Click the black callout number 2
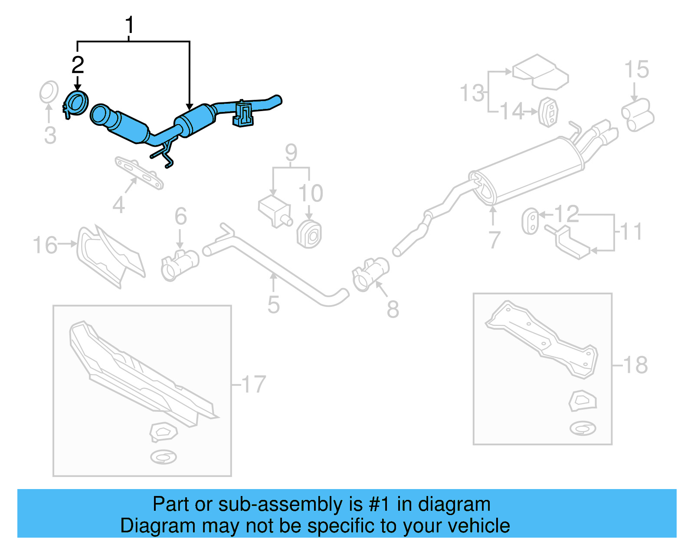coord(78,65)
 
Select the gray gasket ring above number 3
coord(49,92)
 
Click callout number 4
coord(118,204)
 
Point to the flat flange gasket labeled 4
coord(139,173)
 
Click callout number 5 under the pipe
coord(273,305)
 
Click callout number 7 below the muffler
coord(494,240)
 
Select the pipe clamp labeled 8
coord(370,274)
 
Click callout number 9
coord(291,152)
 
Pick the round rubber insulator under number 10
coord(309,234)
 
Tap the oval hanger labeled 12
coord(530,221)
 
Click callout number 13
coord(472,93)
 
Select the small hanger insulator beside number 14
coord(548,112)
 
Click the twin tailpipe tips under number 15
coord(637,115)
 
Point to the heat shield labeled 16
coord(111,256)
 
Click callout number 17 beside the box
coord(253,384)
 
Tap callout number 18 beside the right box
coord(635,365)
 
